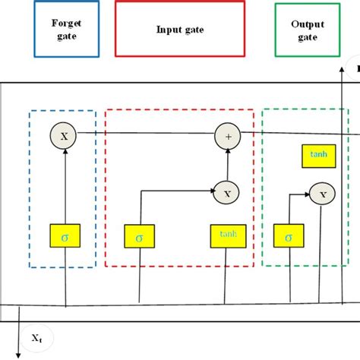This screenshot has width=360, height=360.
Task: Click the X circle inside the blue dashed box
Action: pos(64,136)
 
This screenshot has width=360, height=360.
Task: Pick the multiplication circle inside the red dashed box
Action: pos(226,193)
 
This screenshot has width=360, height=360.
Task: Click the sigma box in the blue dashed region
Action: pos(65,237)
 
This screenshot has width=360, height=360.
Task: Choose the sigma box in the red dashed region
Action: pos(140,238)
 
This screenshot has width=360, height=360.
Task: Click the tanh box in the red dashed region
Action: pos(226,238)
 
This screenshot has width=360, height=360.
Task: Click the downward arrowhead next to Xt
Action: pos(19,347)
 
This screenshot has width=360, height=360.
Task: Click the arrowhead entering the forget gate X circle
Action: pos(65,150)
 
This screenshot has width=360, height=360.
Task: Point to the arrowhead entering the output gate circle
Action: pos(309,195)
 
